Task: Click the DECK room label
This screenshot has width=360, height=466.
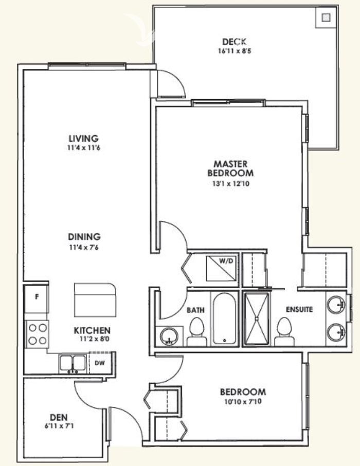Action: pyautogui.click(x=235, y=42)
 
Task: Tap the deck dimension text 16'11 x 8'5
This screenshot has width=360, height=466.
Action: pyautogui.click(x=235, y=51)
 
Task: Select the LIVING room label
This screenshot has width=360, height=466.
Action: pyautogui.click(x=84, y=138)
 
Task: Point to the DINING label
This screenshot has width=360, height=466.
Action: pyautogui.click(x=84, y=237)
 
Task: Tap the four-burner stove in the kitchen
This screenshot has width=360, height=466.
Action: pyautogui.click(x=37, y=334)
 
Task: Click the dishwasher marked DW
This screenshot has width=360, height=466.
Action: pyautogui.click(x=100, y=363)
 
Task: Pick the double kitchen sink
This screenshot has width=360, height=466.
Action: pyautogui.click(x=73, y=363)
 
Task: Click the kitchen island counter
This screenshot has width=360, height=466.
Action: pyautogui.click(x=95, y=300)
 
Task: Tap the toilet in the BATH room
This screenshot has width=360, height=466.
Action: pyautogui.click(x=196, y=332)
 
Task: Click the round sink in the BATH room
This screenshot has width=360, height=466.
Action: pyautogui.click(x=169, y=336)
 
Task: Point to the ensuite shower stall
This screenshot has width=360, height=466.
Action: pyautogui.click(x=257, y=319)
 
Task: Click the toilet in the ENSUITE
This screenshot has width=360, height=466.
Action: pyautogui.click(x=284, y=332)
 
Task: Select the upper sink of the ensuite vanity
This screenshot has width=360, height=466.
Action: pyautogui.click(x=336, y=304)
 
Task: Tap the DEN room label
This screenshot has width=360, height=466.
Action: pyautogui.click(x=59, y=417)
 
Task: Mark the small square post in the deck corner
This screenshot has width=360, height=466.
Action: pyautogui.click(x=327, y=17)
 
